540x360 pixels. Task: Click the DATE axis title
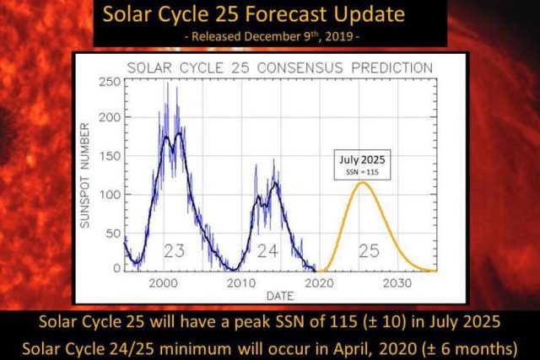pos(281,296)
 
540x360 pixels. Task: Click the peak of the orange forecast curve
pos(363,183)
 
